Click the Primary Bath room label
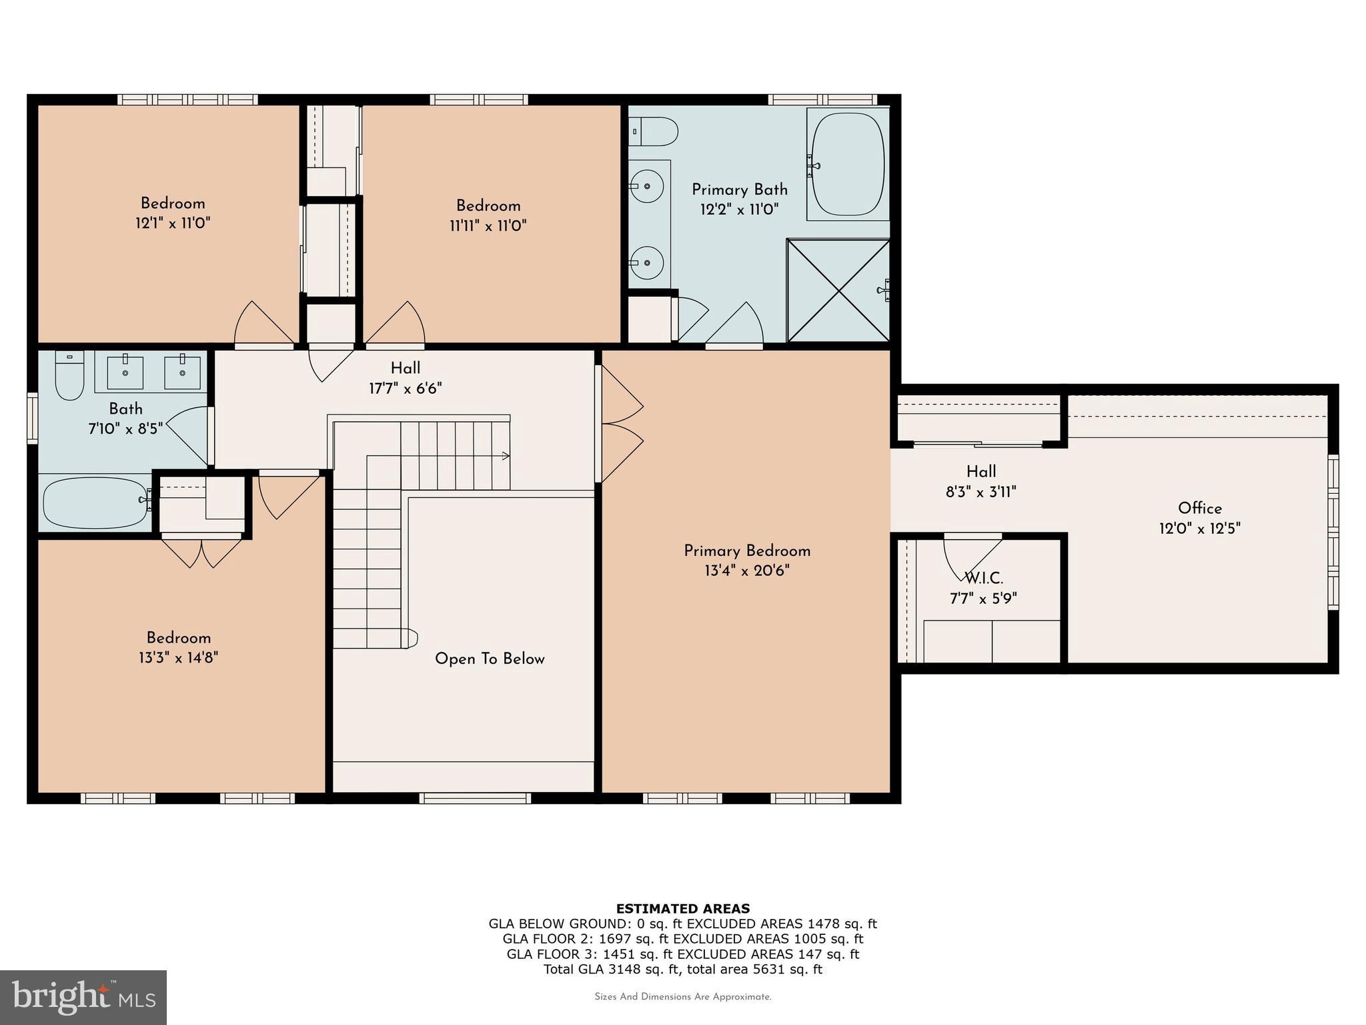coord(739,190)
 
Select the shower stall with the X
coord(838,290)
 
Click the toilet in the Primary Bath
coord(654,131)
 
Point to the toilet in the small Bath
coord(69,376)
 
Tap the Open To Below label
coord(490,659)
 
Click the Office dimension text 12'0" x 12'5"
coord(1199,529)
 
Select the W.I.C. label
coord(983,578)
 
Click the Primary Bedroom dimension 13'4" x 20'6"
coord(746,571)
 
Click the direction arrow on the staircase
coord(506,456)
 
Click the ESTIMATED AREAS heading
coord(682,908)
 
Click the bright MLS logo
coord(83,997)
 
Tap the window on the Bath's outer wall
coord(32,418)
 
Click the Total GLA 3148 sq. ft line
coord(682,969)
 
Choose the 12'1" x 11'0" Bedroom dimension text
coord(173,223)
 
